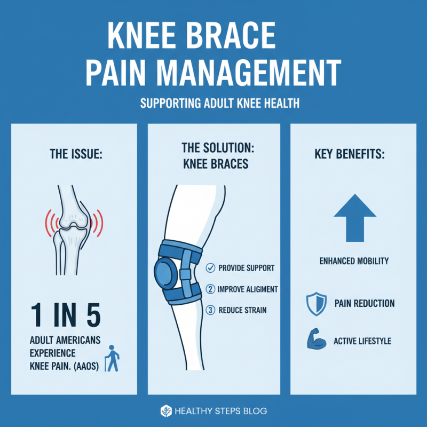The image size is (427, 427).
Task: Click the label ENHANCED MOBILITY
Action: point(354,261)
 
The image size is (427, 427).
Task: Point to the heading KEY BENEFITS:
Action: point(353,154)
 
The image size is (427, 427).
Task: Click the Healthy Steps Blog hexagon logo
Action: point(166,410)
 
